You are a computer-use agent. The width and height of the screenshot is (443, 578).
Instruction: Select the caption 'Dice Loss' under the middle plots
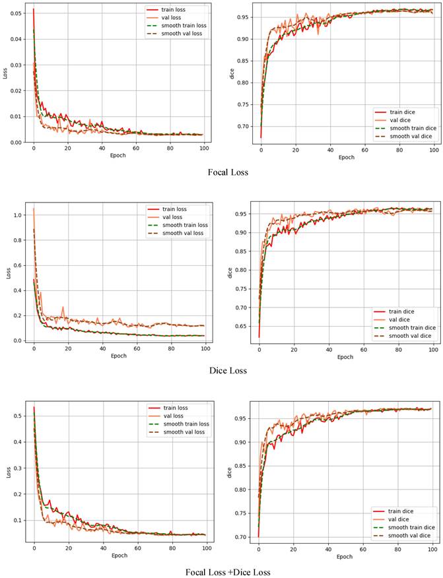point(228,370)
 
